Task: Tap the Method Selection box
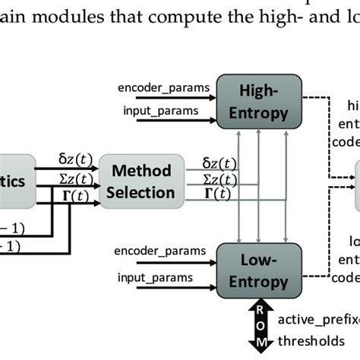coord(139,182)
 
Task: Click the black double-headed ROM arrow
coord(260,325)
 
